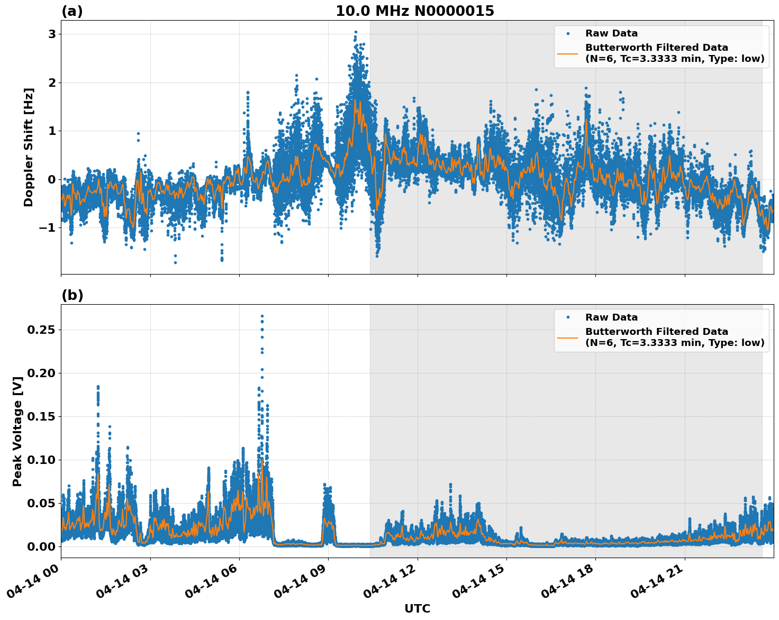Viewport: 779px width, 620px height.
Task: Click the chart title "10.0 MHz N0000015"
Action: coord(415,11)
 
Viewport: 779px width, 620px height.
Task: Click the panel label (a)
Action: coord(72,11)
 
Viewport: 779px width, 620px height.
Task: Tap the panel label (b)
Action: coord(72,295)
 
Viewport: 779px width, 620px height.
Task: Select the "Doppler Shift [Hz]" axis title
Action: coord(29,147)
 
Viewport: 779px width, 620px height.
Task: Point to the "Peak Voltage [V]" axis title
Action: coord(17,431)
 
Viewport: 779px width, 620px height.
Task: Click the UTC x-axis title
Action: coord(417,608)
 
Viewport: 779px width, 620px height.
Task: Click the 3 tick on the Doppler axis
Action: coord(52,34)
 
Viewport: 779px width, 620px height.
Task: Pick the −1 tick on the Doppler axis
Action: coord(48,228)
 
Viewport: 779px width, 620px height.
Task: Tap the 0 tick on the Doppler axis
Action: coord(52,179)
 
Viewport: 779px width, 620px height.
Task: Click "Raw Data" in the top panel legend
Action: coord(611,34)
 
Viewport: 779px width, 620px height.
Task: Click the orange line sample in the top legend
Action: coord(568,53)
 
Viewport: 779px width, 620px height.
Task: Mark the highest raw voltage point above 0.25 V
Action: coord(262,316)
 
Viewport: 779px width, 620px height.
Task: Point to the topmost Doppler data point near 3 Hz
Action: coord(356,32)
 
